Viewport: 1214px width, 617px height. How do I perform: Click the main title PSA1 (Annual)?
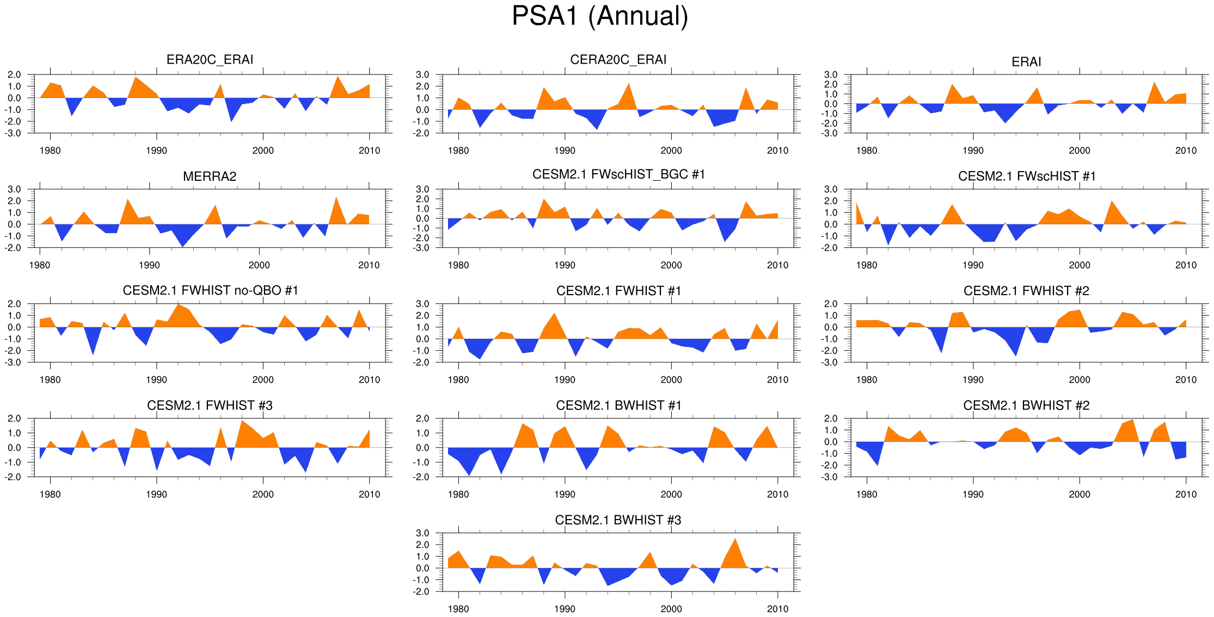pos(600,16)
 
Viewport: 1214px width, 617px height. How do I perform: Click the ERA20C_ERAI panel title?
pos(210,59)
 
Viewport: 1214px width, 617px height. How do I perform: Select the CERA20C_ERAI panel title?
pos(618,59)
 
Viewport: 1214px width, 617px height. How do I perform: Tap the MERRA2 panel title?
pos(210,176)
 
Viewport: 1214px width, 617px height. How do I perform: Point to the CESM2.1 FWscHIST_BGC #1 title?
pos(618,174)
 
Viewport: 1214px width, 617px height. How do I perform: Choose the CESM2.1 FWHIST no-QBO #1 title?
pos(210,290)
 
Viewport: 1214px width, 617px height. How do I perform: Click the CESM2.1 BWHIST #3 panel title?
pos(618,520)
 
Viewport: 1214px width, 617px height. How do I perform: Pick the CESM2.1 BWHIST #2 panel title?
pos(1026,406)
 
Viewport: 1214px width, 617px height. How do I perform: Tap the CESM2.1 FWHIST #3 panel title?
pos(210,406)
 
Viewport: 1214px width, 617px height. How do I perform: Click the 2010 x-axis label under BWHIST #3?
pos(777,609)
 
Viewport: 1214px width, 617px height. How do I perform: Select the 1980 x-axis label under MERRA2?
pos(39,265)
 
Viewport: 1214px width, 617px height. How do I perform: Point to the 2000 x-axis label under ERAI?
pos(1079,151)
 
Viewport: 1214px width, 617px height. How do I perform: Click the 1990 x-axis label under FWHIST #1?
pos(565,380)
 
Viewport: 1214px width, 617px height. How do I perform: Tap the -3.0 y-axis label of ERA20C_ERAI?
pos(14,133)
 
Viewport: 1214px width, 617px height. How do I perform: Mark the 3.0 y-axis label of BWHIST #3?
pos(422,533)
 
